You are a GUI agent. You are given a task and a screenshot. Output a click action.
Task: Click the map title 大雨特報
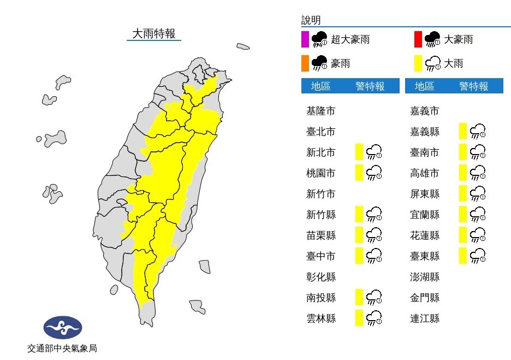point(154,34)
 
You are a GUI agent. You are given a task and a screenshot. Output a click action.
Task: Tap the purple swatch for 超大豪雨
point(305,40)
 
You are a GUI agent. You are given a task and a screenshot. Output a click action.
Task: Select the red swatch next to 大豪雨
point(418,40)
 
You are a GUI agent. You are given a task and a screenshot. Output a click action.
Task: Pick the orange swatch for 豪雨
point(305,64)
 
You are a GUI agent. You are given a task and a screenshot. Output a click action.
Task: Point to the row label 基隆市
point(320,111)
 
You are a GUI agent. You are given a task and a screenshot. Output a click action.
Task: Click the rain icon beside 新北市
point(374,152)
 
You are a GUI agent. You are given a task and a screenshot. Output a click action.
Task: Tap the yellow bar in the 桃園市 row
point(359,173)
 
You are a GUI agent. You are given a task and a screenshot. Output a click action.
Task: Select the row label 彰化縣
point(320,277)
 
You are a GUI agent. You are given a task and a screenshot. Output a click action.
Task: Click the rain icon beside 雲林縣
point(374,318)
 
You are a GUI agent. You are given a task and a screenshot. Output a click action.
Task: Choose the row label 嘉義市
point(424,111)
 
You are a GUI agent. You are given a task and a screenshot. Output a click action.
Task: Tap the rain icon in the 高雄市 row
point(478,173)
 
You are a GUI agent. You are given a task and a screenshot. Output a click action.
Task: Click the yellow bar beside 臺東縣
point(463,256)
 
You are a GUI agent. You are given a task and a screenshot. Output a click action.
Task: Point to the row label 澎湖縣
point(424,277)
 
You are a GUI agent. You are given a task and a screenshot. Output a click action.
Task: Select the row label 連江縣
point(424,318)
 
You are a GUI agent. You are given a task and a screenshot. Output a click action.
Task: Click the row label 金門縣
point(424,298)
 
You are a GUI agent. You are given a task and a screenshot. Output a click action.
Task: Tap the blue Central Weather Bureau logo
point(63,328)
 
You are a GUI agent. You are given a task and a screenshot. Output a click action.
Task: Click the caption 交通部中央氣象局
point(62,348)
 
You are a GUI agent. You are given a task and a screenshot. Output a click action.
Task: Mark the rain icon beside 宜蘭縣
point(478,215)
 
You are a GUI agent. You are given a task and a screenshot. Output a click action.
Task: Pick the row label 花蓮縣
point(424,235)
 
